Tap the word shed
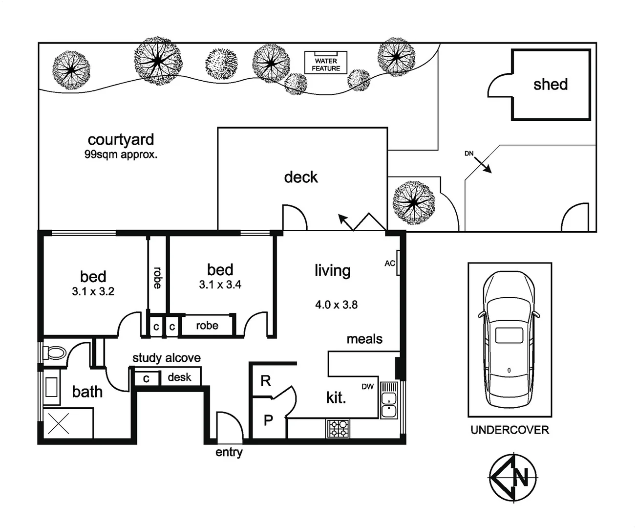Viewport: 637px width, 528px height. (550, 85)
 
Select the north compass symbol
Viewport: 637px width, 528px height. (513, 478)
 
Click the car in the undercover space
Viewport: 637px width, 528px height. (509, 338)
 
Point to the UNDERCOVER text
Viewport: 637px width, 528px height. (510, 430)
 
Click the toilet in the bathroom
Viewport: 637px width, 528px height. (54, 353)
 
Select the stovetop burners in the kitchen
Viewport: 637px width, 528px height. (338, 429)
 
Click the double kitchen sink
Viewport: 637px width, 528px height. (389, 405)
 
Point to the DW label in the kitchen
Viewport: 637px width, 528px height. (367, 387)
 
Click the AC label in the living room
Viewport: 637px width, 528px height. (389, 264)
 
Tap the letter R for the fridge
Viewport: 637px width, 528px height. (265, 381)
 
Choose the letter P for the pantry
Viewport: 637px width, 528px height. (268, 419)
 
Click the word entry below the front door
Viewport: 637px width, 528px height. (229, 453)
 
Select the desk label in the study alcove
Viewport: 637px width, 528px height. (179, 377)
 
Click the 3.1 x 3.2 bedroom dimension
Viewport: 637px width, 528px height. (93, 292)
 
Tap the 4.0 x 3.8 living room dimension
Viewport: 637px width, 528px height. (336, 305)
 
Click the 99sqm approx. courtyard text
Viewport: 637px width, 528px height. (121, 155)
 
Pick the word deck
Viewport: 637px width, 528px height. (300, 177)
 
